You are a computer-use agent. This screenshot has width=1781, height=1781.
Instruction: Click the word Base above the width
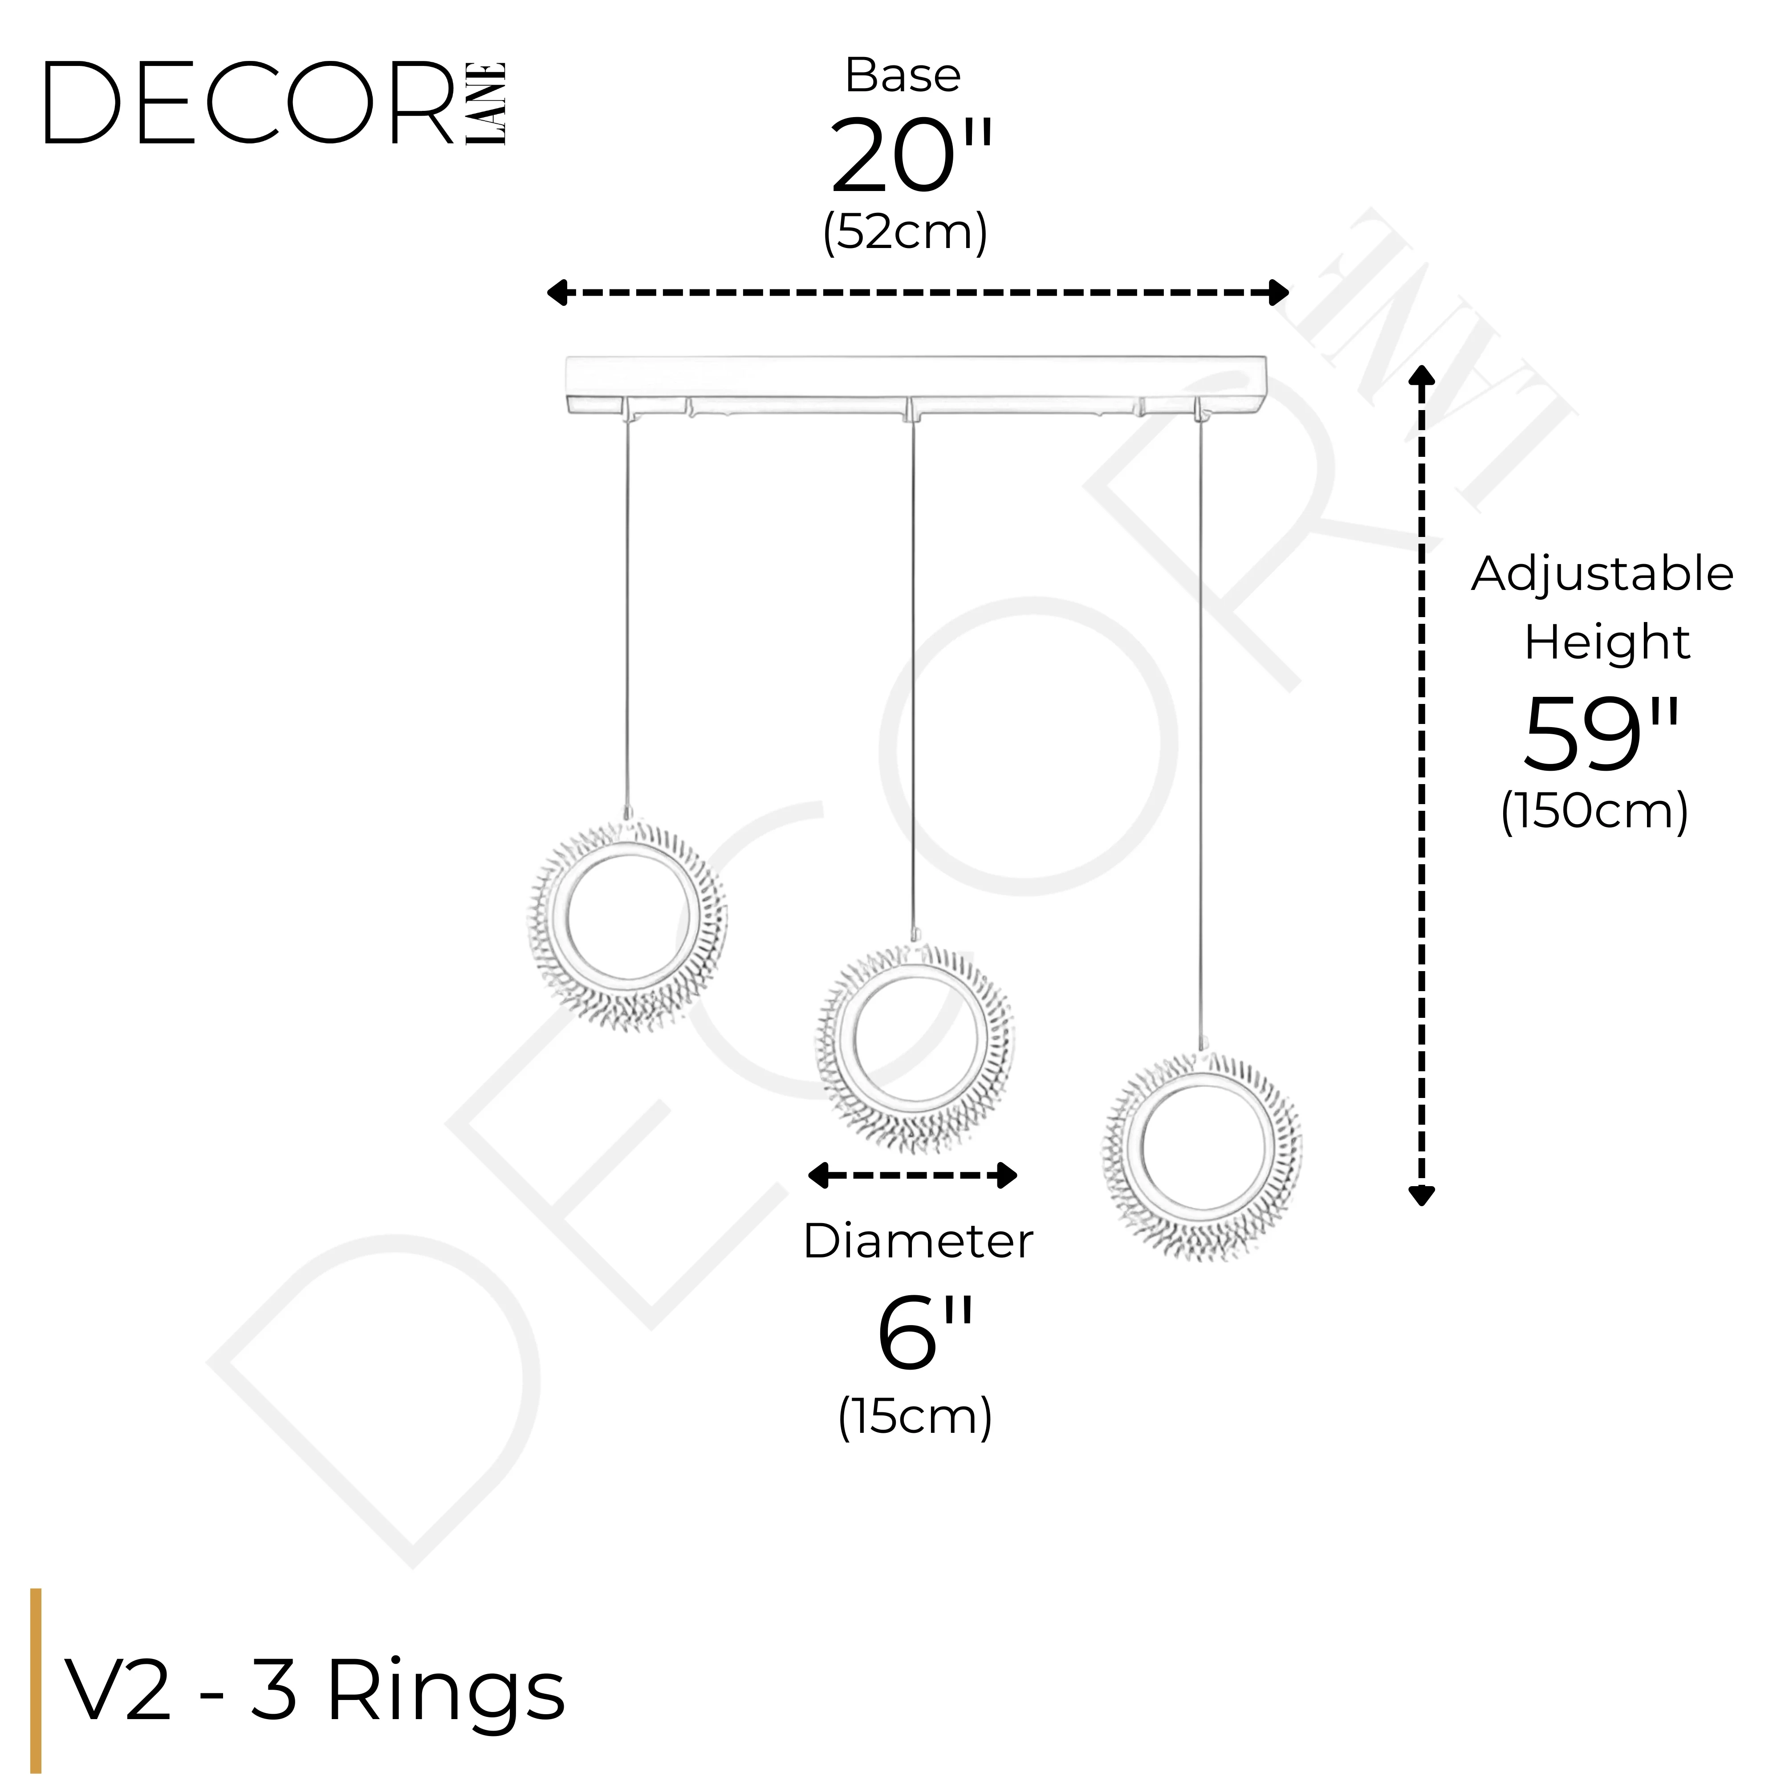point(903,76)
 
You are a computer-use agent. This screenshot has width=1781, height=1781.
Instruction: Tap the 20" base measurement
point(910,157)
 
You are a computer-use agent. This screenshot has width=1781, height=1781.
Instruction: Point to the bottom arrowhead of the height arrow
point(1423,1195)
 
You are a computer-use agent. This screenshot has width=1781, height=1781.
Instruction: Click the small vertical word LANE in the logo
point(486,102)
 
